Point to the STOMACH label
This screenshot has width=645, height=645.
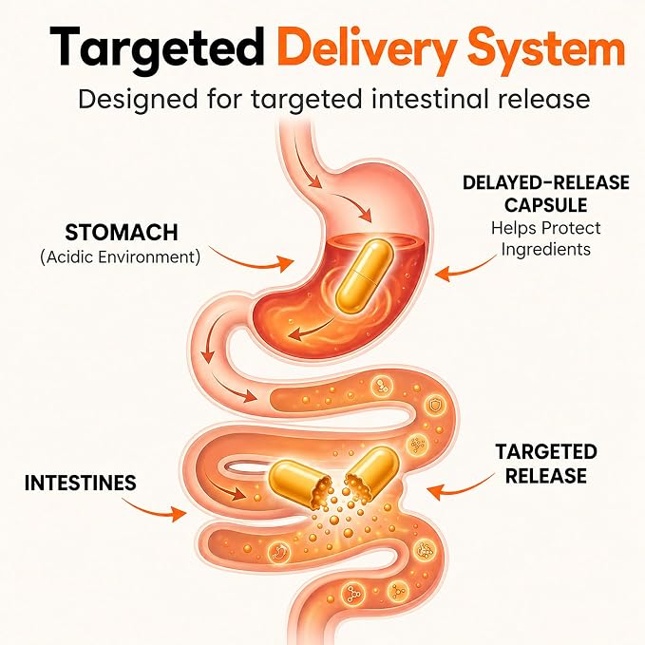tap(122, 233)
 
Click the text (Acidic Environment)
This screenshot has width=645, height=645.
tap(121, 257)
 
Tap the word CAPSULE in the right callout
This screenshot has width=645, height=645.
tap(546, 205)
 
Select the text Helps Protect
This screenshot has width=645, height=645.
tap(546, 228)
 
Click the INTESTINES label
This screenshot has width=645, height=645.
tap(80, 483)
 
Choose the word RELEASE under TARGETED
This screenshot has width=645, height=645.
tap(546, 476)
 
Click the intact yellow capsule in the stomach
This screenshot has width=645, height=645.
tap(364, 276)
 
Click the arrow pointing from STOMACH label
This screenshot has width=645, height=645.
tap(252, 260)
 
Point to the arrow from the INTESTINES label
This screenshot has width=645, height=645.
tap(153, 509)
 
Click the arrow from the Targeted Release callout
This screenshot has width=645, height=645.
tap(460, 485)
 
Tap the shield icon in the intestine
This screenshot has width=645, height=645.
tap(435, 406)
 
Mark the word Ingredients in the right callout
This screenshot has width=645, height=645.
tap(546, 249)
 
